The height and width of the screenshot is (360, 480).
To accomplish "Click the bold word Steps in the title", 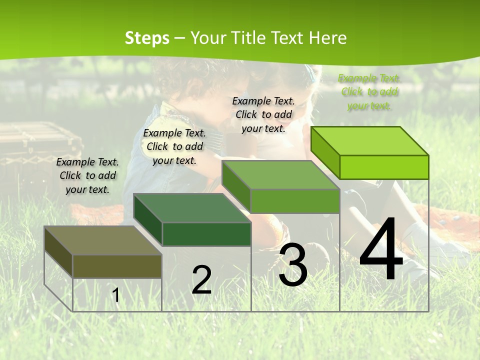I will (146, 38).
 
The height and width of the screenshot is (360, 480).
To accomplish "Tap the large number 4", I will (381, 250).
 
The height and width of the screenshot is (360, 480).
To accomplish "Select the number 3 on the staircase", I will (293, 264).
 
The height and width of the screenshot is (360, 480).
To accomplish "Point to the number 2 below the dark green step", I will (201, 280).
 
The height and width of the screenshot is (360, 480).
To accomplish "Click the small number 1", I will (115, 295).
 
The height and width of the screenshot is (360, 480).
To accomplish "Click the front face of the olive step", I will (117, 266).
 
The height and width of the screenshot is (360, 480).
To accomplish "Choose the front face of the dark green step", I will (206, 234).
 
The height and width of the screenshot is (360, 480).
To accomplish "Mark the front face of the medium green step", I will (295, 201).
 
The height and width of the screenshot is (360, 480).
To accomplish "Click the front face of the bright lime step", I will (384, 167).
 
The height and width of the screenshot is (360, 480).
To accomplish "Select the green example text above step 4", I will (369, 92).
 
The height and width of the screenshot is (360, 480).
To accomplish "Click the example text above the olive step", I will (87, 176).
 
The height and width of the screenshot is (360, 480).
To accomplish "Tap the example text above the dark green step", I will (174, 146).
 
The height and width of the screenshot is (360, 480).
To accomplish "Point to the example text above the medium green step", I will (263, 114).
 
